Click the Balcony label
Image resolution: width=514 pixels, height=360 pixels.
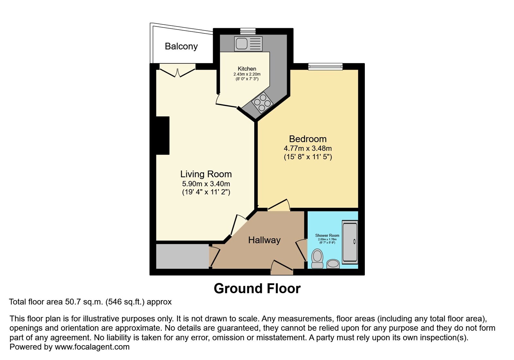point(181,47)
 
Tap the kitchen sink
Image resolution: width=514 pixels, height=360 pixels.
point(248,44)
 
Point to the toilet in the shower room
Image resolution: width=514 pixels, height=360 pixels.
point(317,259)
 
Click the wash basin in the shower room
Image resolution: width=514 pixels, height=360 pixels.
point(333,264)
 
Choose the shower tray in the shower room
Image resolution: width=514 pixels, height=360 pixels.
point(350,242)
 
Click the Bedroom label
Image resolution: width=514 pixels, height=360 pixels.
point(308,139)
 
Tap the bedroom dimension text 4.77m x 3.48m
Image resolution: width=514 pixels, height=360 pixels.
point(308,148)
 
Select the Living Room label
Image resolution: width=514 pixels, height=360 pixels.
point(206,174)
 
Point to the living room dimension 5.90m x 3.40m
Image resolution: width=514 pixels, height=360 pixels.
point(206,184)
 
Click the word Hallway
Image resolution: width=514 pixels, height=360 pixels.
point(264,240)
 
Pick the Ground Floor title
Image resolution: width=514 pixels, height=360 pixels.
point(257,289)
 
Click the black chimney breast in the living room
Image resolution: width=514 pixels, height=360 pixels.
point(163,135)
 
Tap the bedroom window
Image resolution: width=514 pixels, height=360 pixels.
point(325,66)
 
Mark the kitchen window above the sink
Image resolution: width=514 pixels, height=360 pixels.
point(248,31)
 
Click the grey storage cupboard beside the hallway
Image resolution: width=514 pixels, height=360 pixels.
point(183,256)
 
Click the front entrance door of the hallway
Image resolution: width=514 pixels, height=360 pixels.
point(282,267)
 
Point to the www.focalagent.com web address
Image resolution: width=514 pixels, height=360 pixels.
point(92,347)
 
